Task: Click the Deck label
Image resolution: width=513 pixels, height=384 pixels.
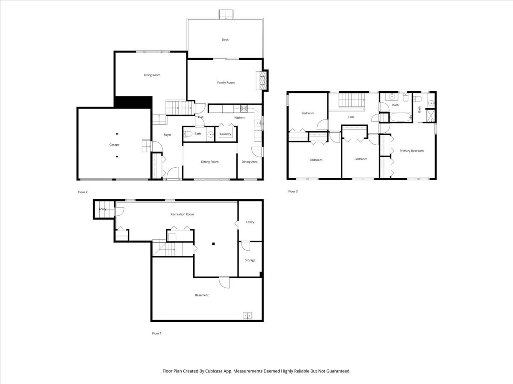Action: tap(225, 40)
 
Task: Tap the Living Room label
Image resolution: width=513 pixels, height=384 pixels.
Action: tap(152, 75)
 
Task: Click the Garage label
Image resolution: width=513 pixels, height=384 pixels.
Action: tap(114, 145)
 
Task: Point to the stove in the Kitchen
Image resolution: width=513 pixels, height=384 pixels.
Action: tap(244, 108)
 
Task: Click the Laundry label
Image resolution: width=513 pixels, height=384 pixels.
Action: tap(225, 134)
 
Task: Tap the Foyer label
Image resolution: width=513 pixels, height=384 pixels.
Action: tap(168, 135)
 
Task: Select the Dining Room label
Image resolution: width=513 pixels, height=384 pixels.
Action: tap(210, 162)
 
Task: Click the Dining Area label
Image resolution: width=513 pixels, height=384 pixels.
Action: tap(249, 162)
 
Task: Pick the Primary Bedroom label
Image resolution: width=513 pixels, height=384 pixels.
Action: tap(411, 151)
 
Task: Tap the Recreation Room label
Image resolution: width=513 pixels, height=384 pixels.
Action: tap(182, 214)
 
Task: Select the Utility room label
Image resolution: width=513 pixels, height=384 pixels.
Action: tap(250, 222)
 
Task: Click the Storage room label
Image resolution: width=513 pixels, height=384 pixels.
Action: tap(250, 260)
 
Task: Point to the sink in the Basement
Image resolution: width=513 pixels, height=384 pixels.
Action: tap(248, 316)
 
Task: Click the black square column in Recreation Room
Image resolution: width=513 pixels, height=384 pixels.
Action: tap(213, 244)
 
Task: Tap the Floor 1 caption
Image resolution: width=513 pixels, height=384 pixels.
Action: tap(156, 333)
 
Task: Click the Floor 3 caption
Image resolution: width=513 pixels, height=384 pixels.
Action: tap(292, 192)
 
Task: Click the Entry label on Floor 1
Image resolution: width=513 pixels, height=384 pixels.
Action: tap(103, 209)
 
